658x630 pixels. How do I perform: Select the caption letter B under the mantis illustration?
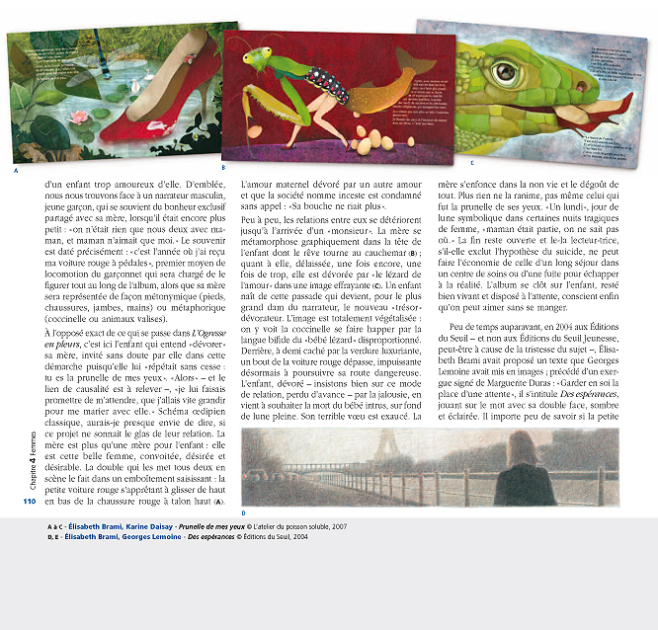point(224,168)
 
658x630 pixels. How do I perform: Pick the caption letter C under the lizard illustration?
point(471,162)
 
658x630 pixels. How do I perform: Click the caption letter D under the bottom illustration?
point(243,512)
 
